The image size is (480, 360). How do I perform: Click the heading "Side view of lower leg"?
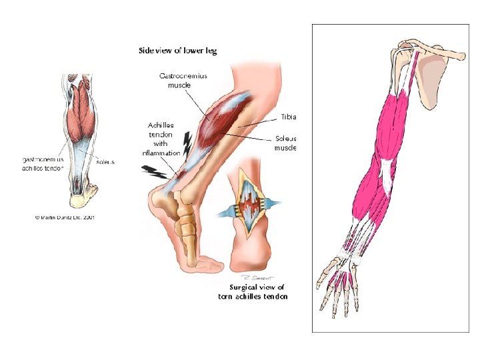coord(177,50)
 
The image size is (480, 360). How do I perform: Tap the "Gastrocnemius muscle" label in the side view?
coord(183,80)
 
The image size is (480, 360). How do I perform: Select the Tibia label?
coord(288,116)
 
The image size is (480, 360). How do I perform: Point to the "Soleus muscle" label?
coord(285,143)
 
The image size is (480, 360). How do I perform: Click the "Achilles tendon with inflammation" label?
coord(162,139)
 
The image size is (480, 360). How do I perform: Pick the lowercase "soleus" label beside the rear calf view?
coord(105,161)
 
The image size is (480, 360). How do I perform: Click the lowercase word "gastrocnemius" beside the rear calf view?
coord(43,160)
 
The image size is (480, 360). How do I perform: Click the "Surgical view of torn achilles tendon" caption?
coord(253,292)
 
